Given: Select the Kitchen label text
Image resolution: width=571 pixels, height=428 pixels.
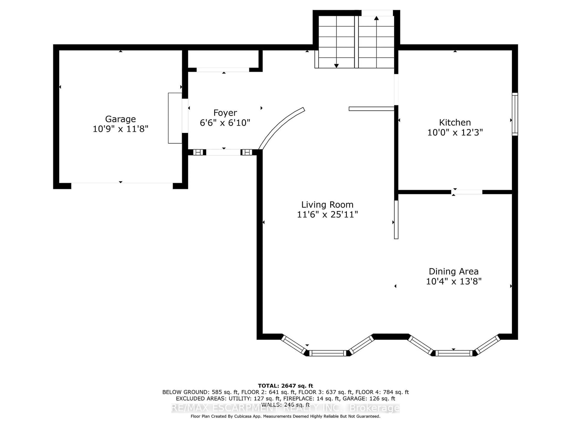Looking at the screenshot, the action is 455,122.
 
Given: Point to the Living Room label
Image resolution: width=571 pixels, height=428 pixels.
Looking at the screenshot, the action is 327,205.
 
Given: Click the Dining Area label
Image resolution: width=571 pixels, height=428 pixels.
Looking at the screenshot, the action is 454,271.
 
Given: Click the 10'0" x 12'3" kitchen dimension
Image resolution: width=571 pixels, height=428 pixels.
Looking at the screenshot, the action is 455,132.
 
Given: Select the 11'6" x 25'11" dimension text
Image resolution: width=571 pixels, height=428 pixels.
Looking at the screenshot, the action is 327,214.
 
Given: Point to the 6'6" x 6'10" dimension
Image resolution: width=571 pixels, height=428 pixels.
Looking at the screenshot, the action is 225,123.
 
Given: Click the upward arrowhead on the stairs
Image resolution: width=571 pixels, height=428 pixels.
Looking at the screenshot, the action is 376,18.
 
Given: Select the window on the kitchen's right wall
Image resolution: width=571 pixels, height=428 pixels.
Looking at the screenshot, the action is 515,114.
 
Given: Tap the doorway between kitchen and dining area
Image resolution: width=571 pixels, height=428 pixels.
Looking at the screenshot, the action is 467,192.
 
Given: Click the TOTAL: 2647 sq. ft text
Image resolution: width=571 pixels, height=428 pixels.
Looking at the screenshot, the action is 285,386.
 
